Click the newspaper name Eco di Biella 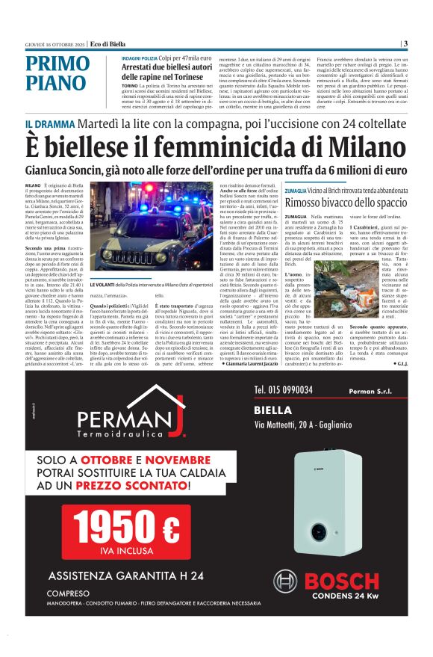pyautogui.click(x=82, y=43)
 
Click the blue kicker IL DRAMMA pyautogui.click(x=49, y=123)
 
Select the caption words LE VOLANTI pyautogui.click(x=104, y=285)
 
